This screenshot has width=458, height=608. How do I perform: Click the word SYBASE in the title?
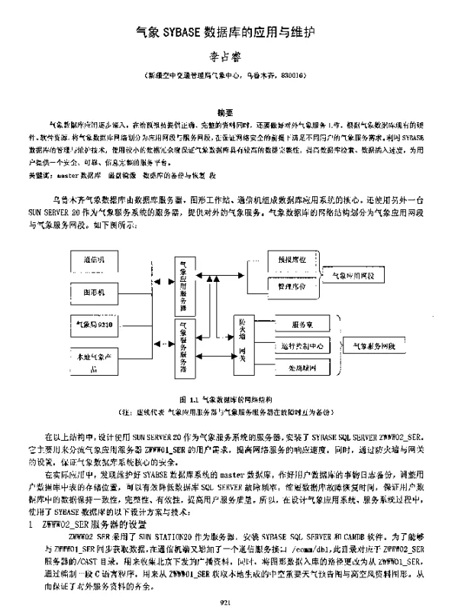[x=182, y=33]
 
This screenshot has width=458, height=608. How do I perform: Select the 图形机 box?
[x=97, y=293]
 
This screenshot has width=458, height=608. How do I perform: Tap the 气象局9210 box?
[x=97, y=325]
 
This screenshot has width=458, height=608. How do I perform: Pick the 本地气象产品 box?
[x=97, y=361]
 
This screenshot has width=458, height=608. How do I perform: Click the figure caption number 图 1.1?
[x=189, y=399]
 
